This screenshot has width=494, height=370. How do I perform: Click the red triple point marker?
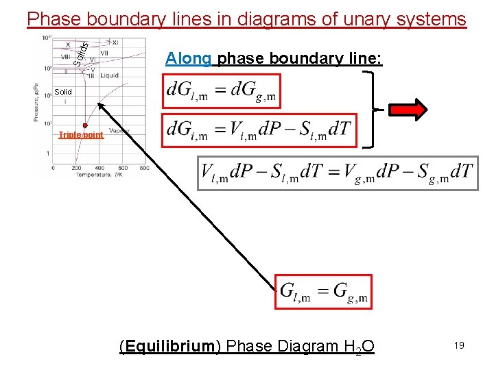click(85, 125)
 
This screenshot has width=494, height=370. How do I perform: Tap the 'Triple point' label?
click(81, 135)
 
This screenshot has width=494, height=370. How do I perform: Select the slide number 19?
click(458, 346)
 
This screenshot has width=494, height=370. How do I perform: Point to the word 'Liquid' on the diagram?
click(109, 75)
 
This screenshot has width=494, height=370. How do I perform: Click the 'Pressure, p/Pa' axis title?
click(36, 103)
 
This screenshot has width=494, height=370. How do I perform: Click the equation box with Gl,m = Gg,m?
click(324, 292)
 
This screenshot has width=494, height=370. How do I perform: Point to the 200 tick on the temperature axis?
click(76, 168)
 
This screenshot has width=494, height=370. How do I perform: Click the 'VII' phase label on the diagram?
click(104, 52)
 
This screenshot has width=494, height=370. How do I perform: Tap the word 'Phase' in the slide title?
click(51, 18)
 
